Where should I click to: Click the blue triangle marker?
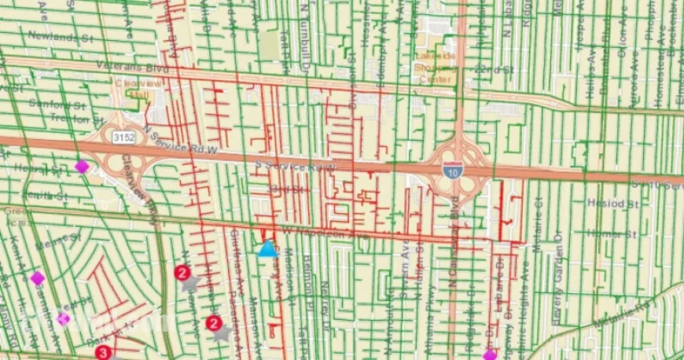pyautogui.click(x=267, y=250)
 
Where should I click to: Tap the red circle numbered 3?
pyautogui.click(x=102, y=353)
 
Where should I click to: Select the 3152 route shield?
pyautogui.click(x=122, y=137)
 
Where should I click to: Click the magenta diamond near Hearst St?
pyautogui.click(x=82, y=166)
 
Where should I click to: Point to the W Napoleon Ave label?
pyautogui.click(x=314, y=233)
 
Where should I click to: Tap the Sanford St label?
pyautogui.click(x=54, y=102)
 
